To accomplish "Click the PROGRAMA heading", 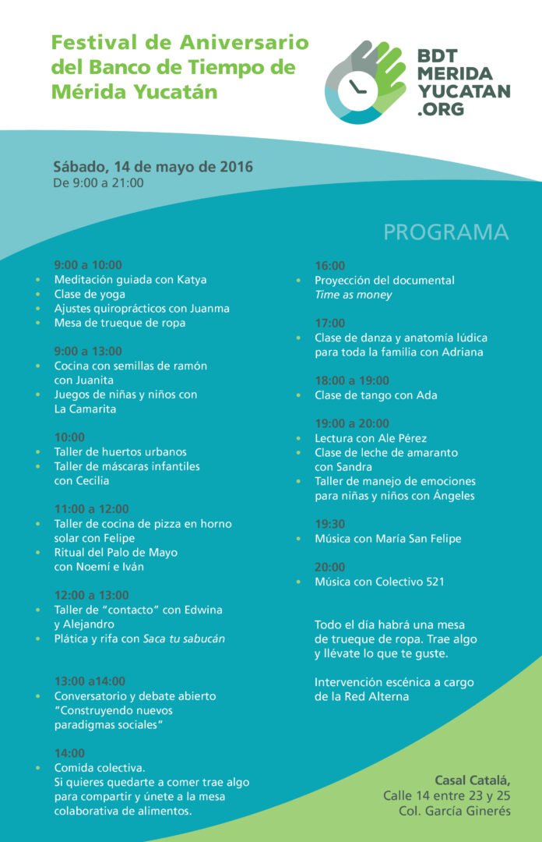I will [x=445, y=232].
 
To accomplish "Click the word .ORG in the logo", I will [x=441, y=109].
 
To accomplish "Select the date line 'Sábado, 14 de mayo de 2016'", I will [x=153, y=167].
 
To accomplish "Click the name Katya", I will [x=192, y=279].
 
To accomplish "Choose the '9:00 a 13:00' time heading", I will [x=88, y=352].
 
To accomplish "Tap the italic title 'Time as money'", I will [x=353, y=295].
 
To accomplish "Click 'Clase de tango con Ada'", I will [x=376, y=395].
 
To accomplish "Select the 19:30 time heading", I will [x=329, y=524].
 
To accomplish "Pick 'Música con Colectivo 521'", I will [x=379, y=582].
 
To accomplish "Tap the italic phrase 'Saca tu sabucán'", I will [x=184, y=639].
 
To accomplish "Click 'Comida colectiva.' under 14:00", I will [x=100, y=768].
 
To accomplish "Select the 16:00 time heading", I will [x=329, y=266].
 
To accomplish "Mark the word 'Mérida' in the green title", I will [x=83, y=92].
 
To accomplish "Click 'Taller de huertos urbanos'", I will [x=120, y=451].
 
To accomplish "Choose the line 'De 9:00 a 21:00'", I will [x=98, y=183].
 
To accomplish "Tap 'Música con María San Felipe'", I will [x=388, y=539].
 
